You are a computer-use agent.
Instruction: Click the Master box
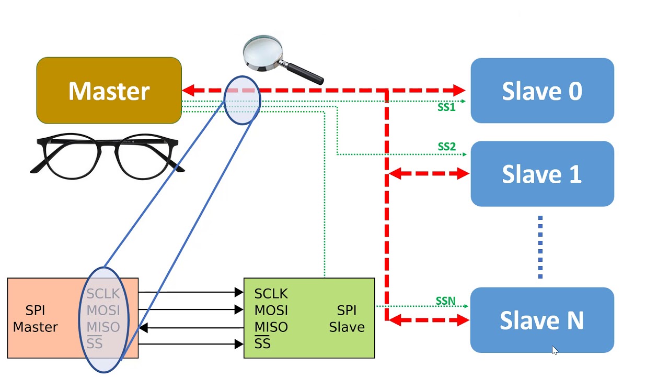(109, 91)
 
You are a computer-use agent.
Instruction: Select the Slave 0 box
(542, 91)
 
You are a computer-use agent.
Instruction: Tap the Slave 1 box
(542, 174)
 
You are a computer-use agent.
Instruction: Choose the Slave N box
(542, 320)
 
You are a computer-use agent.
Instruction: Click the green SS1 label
(446, 107)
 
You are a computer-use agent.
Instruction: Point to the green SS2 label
(446, 147)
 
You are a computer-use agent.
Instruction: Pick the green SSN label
(445, 302)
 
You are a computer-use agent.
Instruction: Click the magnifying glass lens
(262, 52)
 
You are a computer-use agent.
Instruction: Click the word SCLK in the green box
(271, 293)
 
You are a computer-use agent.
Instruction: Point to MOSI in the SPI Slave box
(271, 310)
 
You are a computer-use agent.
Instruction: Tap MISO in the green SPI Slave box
(271, 327)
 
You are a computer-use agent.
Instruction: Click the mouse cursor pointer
(555, 350)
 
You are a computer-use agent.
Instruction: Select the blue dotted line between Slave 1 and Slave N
(540, 247)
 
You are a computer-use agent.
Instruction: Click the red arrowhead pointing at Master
(188, 91)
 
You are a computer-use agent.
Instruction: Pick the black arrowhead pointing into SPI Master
(143, 328)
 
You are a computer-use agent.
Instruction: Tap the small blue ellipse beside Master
(242, 100)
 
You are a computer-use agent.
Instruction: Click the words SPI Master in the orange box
(35, 318)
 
